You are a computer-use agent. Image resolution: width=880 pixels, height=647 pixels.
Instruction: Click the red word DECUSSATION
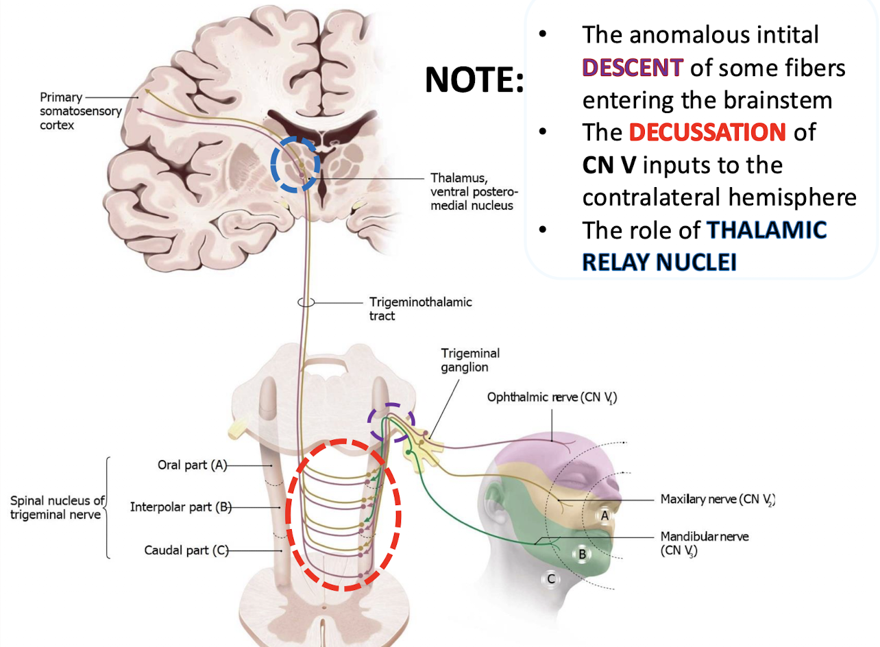click(x=707, y=132)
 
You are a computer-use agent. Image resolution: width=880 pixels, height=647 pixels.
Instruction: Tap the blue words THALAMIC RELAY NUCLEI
click(x=705, y=245)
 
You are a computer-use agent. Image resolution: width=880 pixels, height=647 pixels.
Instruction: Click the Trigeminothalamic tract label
click(x=421, y=308)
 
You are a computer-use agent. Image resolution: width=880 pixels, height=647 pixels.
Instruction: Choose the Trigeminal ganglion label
click(x=470, y=360)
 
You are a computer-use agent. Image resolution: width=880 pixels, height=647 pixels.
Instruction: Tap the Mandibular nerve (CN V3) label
click(x=704, y=542)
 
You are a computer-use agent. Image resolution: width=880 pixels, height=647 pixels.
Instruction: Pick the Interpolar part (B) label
click(x=180, y=507)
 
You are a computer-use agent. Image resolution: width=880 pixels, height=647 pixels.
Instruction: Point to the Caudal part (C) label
click(x=186, y=550)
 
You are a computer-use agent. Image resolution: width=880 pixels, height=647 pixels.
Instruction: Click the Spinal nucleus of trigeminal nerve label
click(x=56, y=507)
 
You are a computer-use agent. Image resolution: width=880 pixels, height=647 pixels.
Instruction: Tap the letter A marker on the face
click(x=604, y=515)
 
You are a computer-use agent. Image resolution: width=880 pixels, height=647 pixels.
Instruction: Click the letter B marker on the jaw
click(x=582, y=554)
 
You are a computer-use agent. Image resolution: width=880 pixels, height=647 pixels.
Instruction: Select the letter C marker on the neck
click(x=550, y=578)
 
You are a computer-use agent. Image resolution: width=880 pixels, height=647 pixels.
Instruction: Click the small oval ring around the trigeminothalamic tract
click(x=306, y=302)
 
